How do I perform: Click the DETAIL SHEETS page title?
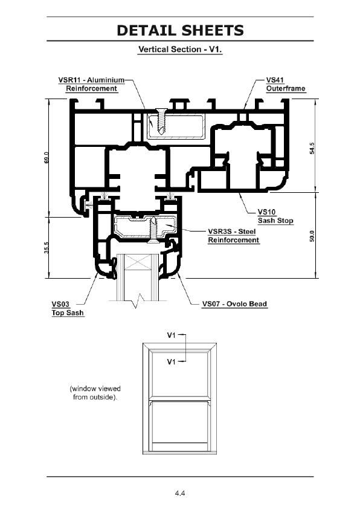[180, 30]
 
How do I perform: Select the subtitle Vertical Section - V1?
[180, 50]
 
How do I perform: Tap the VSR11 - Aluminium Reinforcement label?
[91, 84]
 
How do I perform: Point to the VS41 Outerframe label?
[286, 84]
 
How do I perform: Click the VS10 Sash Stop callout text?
[275, 216]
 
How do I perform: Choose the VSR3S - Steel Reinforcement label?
[234, 236]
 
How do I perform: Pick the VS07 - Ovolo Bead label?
[234, 304]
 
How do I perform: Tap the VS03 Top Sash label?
[68, 308]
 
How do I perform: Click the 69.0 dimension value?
[47, 158]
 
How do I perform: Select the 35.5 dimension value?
[47, 248]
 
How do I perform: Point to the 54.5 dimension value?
[312, 148]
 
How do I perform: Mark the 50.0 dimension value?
[312, 236]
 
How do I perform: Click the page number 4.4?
[180, 493]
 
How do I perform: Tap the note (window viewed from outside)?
[95, 393]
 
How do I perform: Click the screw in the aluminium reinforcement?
[161, 122]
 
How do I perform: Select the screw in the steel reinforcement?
[153, 231]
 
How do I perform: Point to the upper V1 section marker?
[171, 335]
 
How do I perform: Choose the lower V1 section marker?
[171, 361]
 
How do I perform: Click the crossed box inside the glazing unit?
[138, 262]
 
